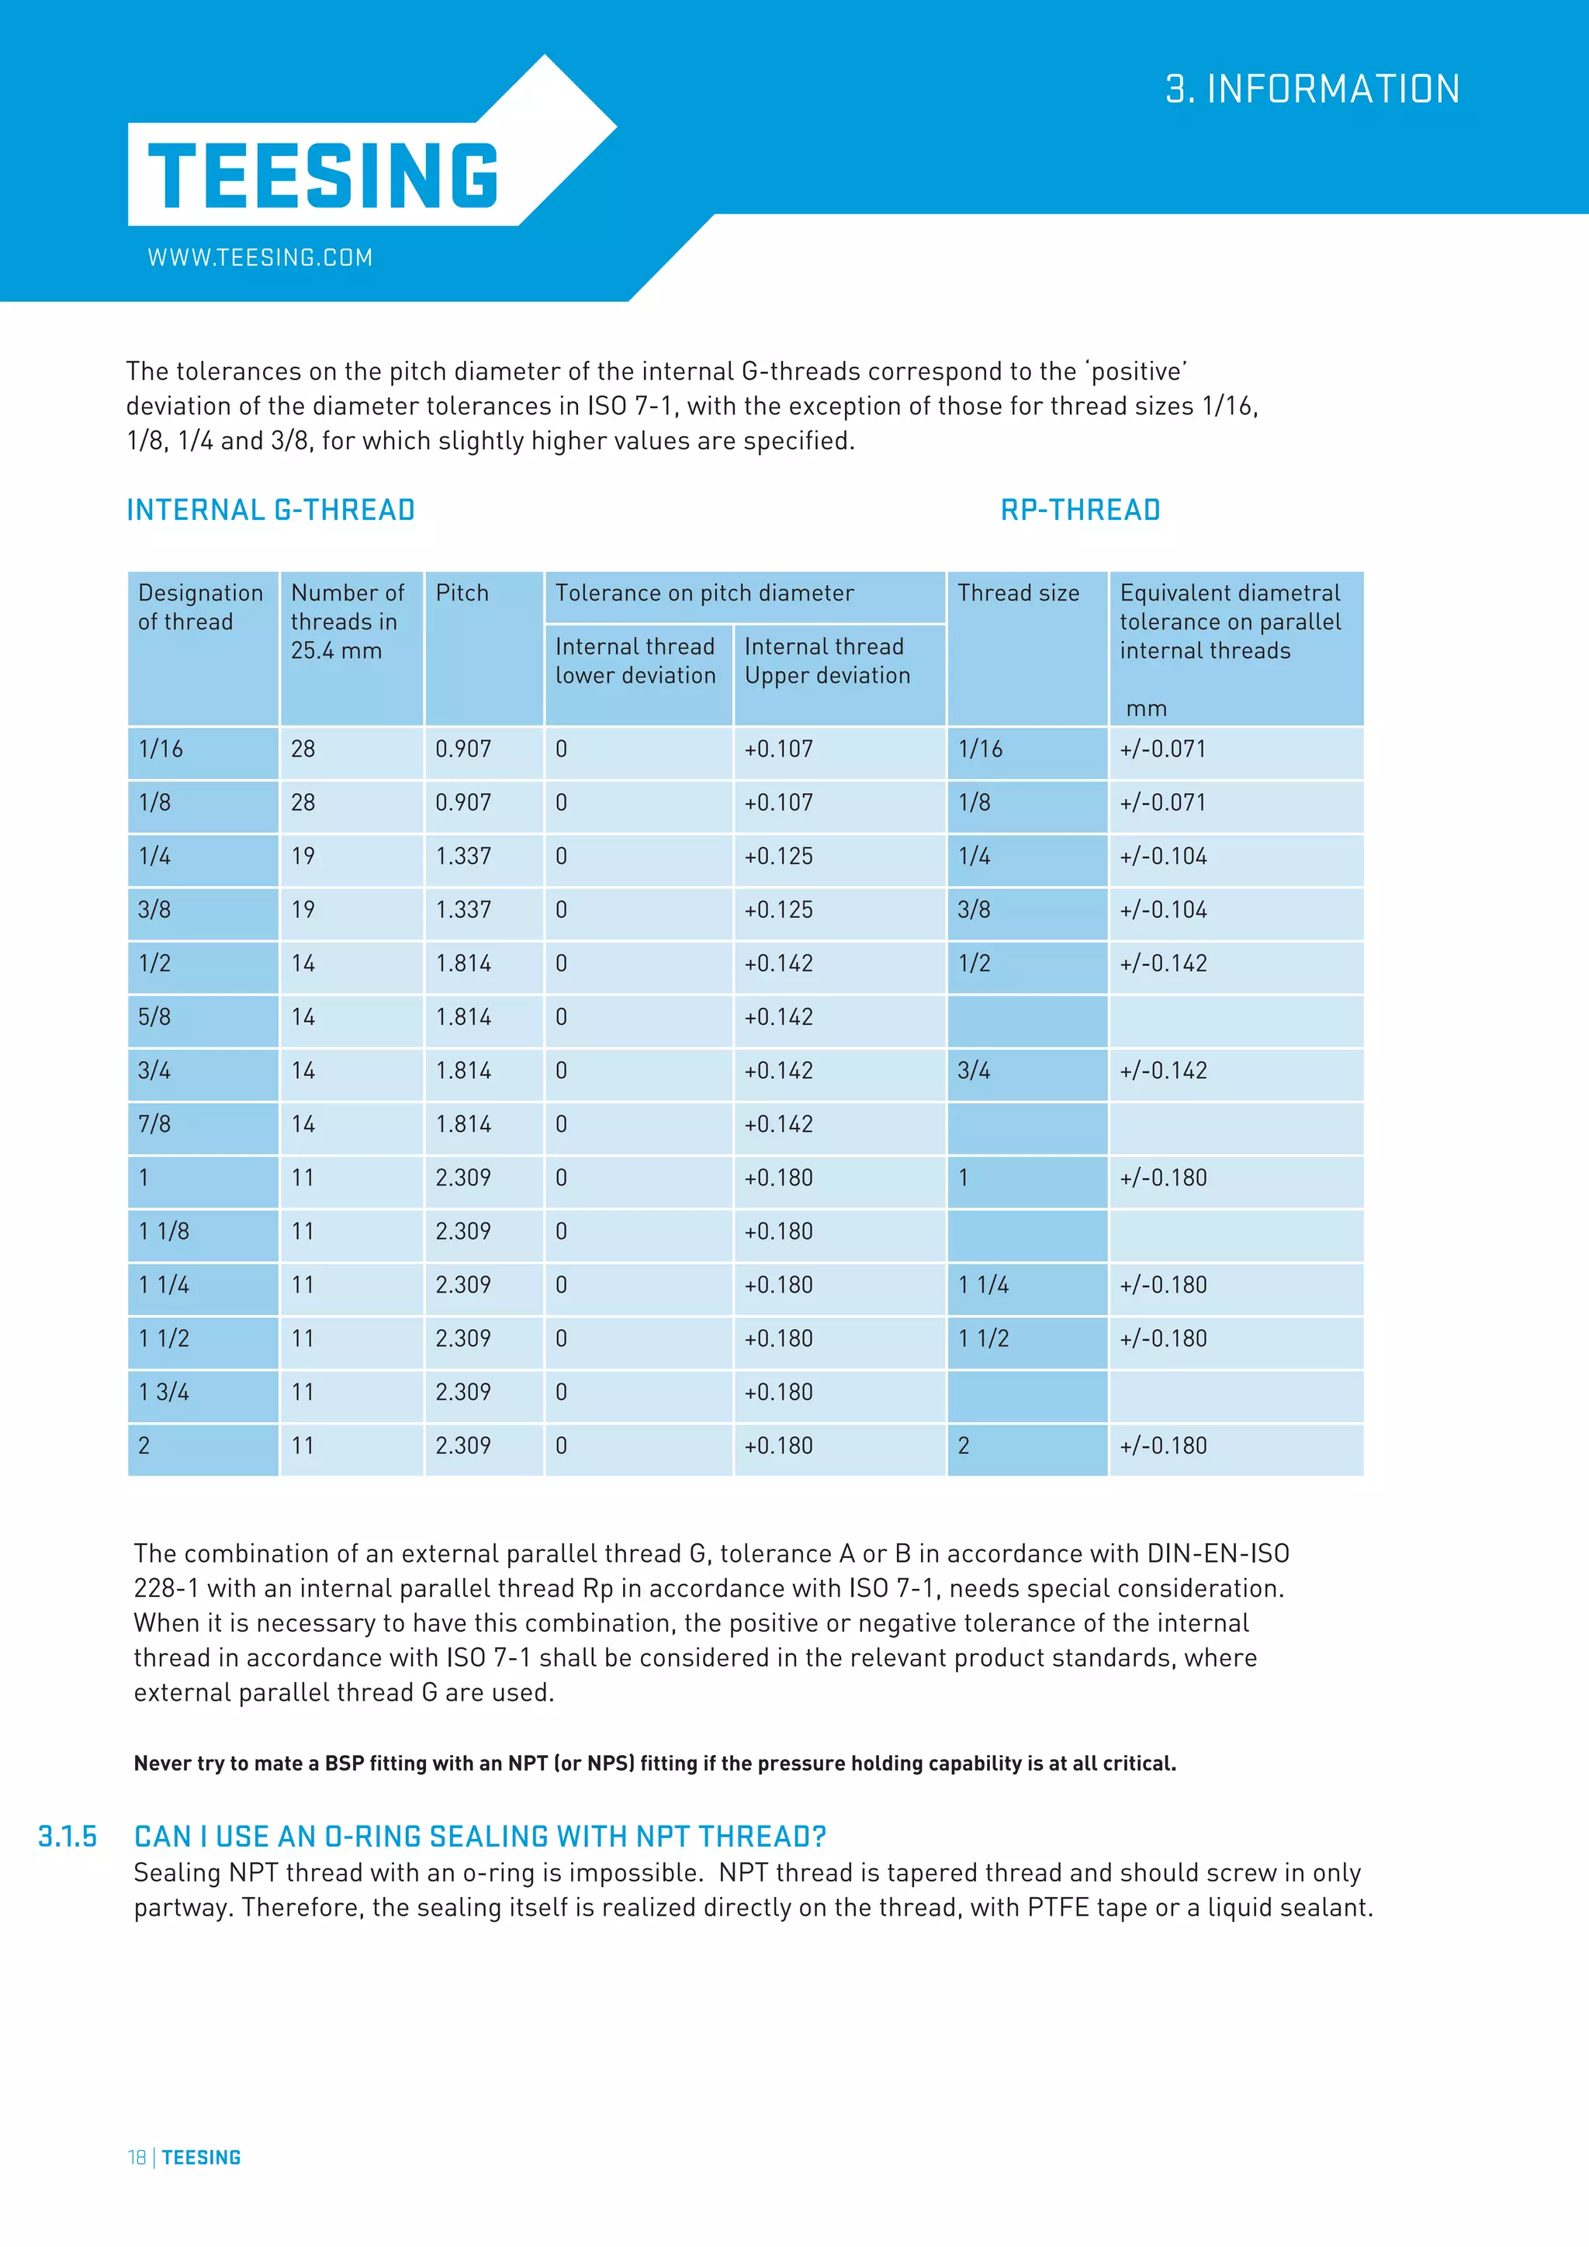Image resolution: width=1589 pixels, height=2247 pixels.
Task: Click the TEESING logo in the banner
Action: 323,175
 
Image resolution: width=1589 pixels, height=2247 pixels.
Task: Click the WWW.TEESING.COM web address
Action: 260,258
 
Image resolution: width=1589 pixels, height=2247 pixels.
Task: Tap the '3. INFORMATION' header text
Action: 1312,89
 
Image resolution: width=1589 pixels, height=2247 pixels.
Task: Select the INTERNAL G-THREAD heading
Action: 271,510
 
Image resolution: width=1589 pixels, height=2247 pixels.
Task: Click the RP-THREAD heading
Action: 1080,510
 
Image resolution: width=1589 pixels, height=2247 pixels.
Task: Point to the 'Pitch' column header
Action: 462,593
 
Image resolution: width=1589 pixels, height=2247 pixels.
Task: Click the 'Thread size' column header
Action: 1019,593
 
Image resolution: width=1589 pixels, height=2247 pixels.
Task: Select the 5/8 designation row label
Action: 154,1017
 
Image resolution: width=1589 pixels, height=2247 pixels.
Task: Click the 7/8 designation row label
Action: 154,1124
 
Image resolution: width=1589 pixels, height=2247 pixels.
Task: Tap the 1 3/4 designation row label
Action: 164,1392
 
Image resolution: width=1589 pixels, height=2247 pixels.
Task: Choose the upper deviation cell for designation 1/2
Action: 779,964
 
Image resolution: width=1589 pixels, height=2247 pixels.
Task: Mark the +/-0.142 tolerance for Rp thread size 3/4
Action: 1163,1071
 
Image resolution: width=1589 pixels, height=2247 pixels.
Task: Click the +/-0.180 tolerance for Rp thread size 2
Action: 1163,1445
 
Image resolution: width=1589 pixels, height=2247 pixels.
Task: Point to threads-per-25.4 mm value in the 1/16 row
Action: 303,750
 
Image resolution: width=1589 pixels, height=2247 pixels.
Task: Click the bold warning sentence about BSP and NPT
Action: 655,1764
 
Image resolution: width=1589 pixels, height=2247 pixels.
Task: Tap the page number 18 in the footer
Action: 137,2158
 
